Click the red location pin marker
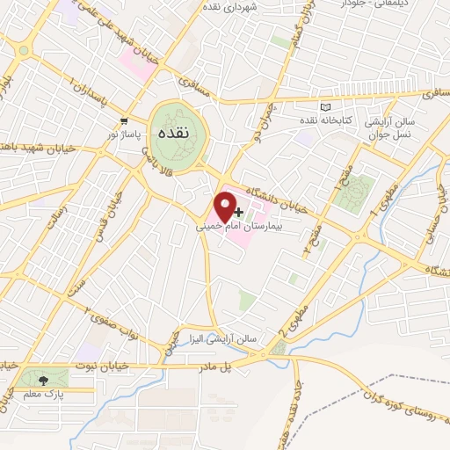[226, 205]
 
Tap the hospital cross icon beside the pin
[240, 212]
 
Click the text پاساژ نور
[125, 134]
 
